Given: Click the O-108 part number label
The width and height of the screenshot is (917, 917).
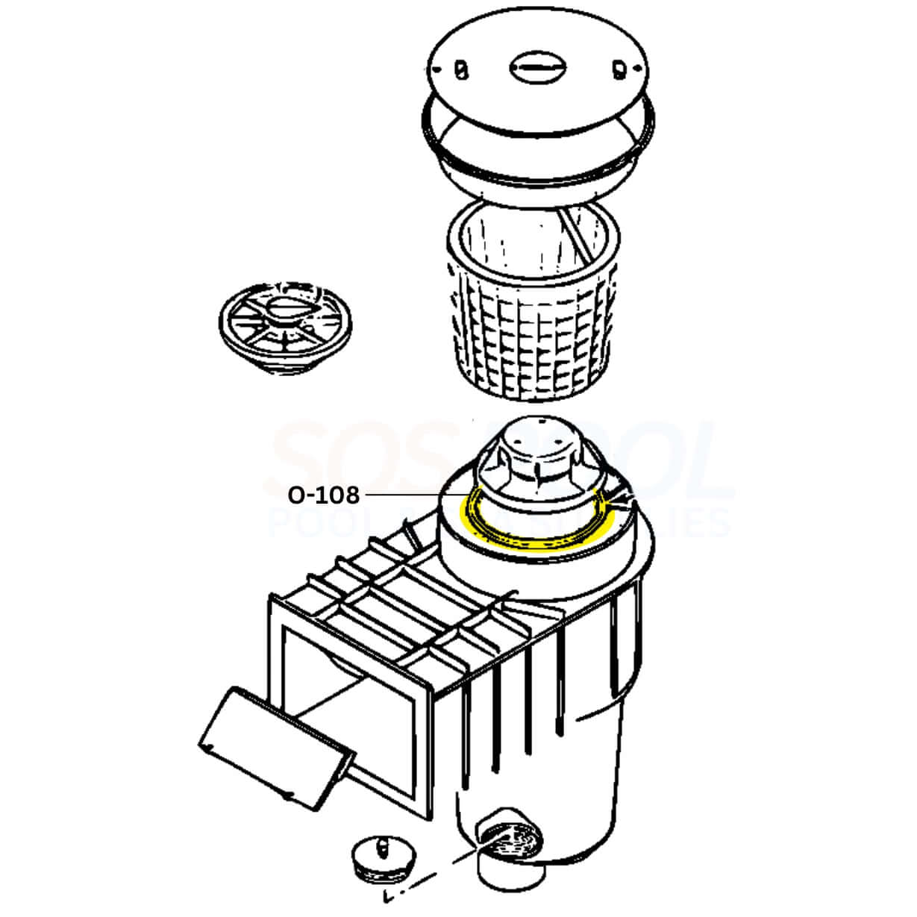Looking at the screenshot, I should (x=324, y=495).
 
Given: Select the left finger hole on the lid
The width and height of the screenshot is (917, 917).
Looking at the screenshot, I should (x=460, y=69).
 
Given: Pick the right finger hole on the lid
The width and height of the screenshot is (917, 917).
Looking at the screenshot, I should (x=619, y=70).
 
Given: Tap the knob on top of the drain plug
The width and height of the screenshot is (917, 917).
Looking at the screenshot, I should (x=381, y=844).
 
